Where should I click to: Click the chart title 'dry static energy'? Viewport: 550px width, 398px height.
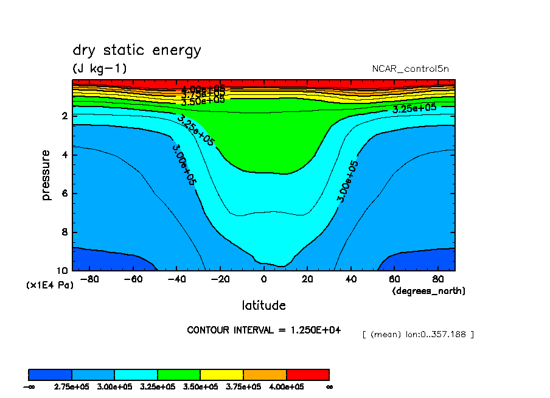pos(136,51)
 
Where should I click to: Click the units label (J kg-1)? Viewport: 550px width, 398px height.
pos(100,69)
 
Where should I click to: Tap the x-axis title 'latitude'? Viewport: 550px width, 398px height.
pos(263,305)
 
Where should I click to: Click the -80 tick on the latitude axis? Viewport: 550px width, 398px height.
pos(89,279)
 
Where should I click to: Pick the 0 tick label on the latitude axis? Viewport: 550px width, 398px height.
pos(263,279)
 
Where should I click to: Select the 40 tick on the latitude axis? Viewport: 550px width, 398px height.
pos(350,279)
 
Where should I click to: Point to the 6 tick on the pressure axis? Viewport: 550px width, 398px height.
pos(64,194)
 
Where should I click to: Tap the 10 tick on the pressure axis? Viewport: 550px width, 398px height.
pos(62,271)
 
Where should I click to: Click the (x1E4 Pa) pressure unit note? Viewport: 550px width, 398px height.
pos(49,285)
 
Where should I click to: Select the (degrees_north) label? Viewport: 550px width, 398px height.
pos(428,291)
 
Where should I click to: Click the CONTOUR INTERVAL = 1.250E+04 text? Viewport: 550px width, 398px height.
pos(264,330)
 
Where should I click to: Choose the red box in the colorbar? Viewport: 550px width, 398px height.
pos(307,374)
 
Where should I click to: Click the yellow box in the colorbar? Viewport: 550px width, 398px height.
pos(221,374)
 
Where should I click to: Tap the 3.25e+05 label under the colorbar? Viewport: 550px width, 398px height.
pos(158,386)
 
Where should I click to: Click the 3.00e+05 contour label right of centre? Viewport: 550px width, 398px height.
pos(347,181)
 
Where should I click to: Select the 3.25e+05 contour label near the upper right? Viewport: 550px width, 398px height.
pos(414,109)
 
